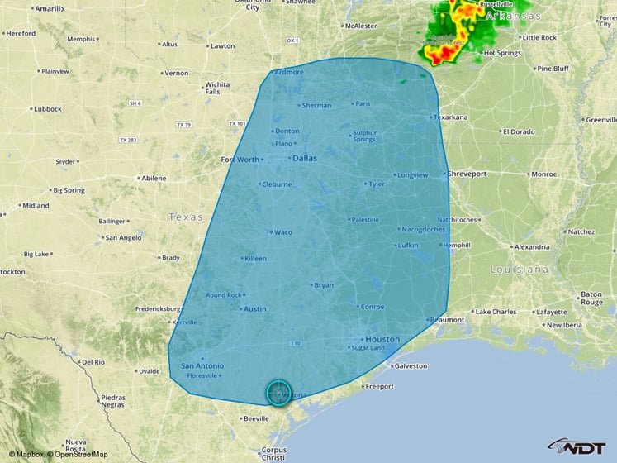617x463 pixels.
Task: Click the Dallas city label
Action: point(304,158)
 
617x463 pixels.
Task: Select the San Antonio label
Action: point(202,365)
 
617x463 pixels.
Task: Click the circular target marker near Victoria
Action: point(279,393)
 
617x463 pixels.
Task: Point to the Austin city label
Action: point(254,309)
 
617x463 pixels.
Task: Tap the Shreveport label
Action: point(467,174)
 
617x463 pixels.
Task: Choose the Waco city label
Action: point(282,232)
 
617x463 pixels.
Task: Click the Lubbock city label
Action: point(47,109)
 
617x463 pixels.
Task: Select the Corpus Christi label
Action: point(273,453)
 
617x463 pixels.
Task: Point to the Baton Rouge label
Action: point(591,298)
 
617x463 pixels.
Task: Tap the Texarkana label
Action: point(451,117)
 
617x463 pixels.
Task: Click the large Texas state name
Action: point(185,217)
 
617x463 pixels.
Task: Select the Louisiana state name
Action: point(519,270)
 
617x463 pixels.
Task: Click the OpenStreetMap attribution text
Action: point(80,454)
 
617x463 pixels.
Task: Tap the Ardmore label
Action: point(289,72)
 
